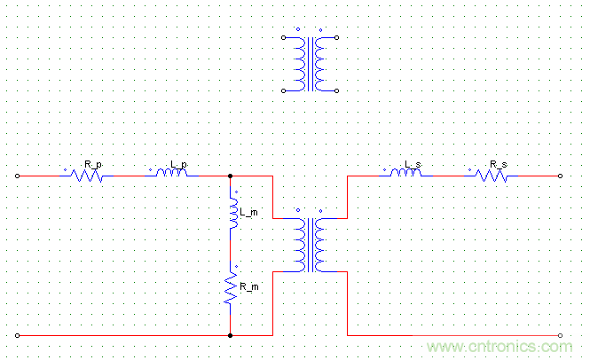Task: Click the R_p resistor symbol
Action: click(x=87, y=176)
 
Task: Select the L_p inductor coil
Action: click(x=172, y=175)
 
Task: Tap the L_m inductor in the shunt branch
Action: click(x=232, y=215)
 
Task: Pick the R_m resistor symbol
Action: click(x=231, y=289)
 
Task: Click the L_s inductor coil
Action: click(x=405, y=174)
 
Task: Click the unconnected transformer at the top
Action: click(x=309, y=64)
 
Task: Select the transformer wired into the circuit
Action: click(x=309, y=243)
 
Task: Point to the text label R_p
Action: click(x=92, y=165)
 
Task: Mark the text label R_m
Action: click(x=248, y=285)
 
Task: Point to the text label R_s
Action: click(x=499, y=165)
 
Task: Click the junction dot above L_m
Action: click(x=231, y=176)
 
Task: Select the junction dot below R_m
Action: click(x=231, y=335)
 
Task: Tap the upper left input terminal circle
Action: click(x=18, y=176)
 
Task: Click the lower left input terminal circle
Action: click(x=18, y=335)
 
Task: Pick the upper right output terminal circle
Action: click(x=561, y=176)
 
